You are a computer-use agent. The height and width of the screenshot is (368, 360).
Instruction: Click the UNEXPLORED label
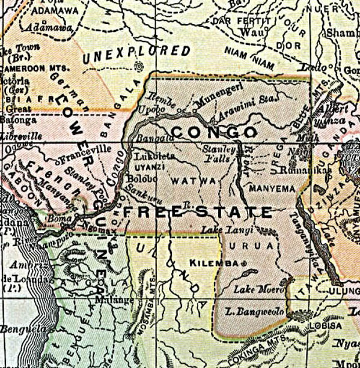tap(137, 56)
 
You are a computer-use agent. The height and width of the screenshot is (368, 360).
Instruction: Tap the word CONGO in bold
tap(214, 131)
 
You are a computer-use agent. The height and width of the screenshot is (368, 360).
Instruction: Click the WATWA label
tap(189, 178)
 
